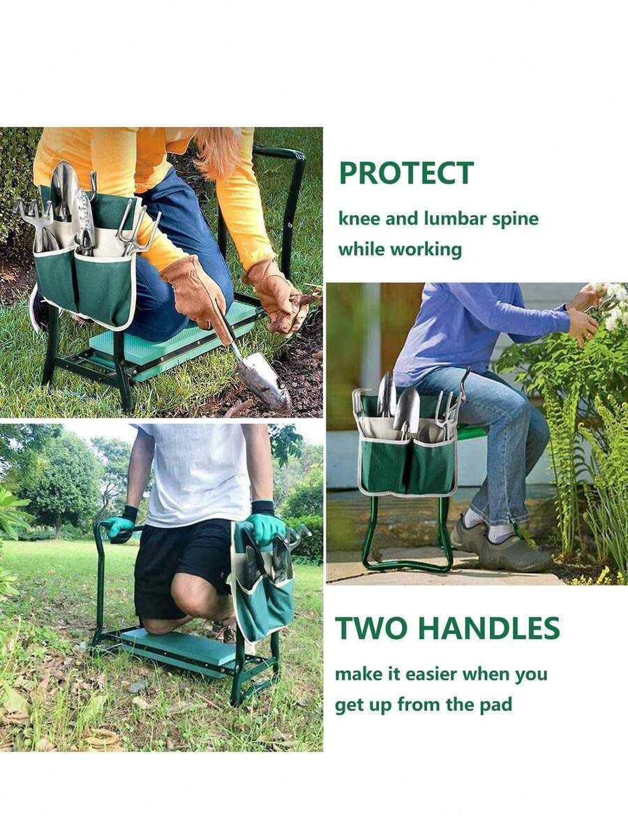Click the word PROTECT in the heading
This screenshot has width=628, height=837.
coord(406,173)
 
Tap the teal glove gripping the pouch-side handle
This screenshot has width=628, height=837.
coord(265,527)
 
